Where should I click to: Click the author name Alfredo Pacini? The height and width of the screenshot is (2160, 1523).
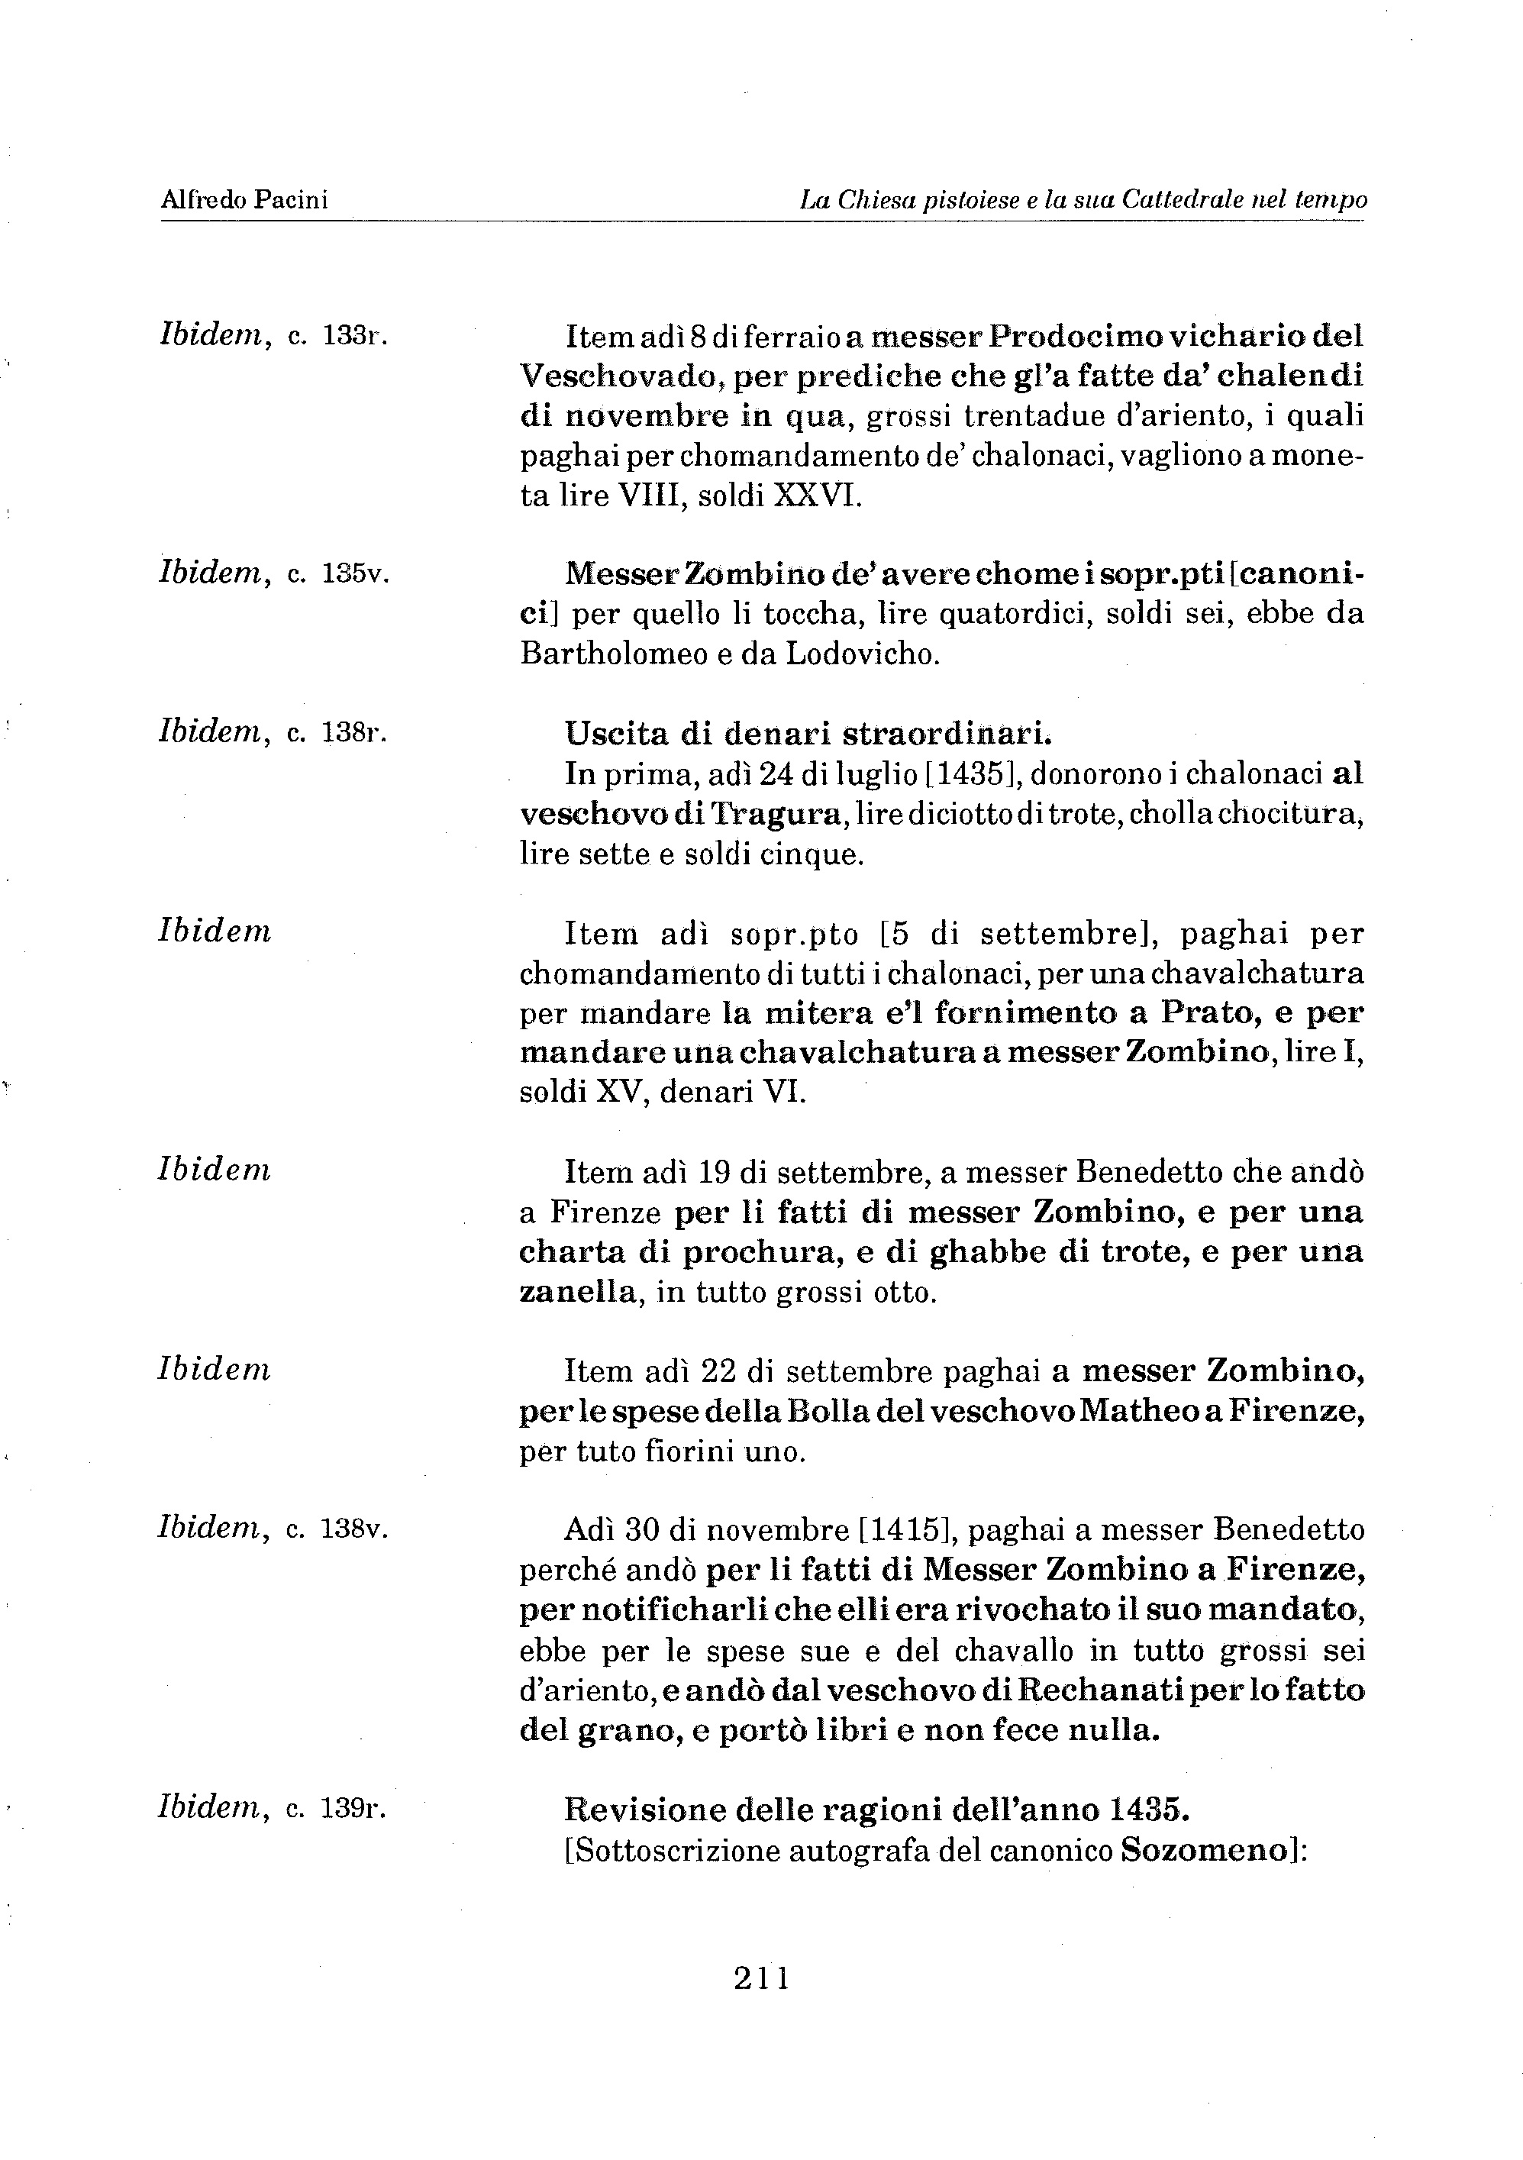click(x=244, y=199)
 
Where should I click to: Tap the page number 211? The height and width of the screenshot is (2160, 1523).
click(x=762, y=1978)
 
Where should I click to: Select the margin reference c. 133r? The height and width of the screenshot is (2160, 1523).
click(x=337, y=336)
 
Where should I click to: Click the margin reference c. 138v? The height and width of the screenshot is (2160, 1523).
click(x=337, y=1529)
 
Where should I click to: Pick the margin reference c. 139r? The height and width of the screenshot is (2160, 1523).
click(x=337, y=1807)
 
